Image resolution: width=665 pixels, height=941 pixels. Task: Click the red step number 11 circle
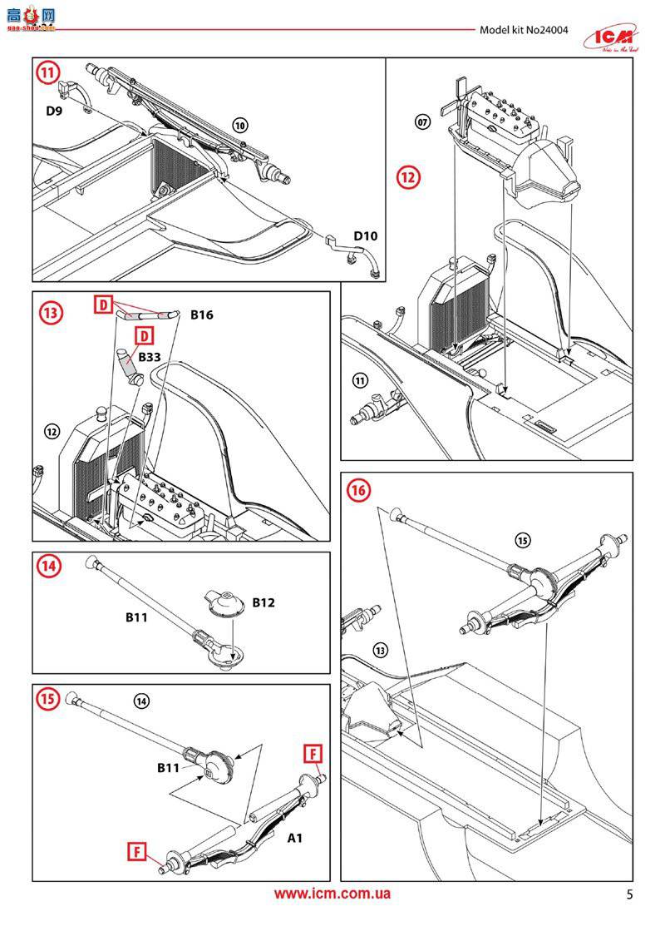coord(49,72)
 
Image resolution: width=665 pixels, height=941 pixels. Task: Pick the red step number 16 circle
coord(359,490)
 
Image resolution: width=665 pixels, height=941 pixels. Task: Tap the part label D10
coord(365,236)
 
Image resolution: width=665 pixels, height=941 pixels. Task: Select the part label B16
coord(202,315)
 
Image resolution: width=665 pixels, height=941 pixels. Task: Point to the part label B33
coord(150,356)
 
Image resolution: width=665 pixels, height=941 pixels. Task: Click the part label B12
coord(264,602)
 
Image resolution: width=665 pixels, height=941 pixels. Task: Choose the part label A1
coord(295,838)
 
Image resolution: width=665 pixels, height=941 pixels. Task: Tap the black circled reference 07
coord(422,122)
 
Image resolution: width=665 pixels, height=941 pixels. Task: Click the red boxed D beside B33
coord(145,335)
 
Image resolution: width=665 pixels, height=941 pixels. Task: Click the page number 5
coord(629,895)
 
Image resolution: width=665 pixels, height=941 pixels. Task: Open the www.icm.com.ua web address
coord(332,894)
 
